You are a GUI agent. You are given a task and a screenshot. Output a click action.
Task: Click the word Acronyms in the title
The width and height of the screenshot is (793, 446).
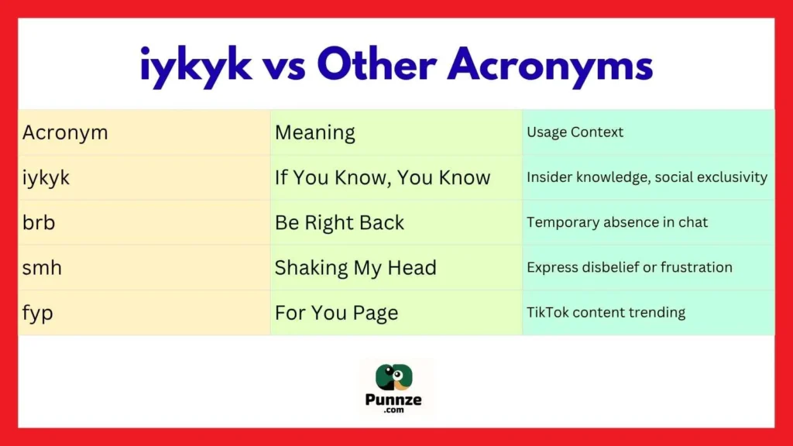[x=551, y=66]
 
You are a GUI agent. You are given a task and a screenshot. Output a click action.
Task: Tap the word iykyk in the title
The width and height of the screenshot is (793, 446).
[x=196, y=66]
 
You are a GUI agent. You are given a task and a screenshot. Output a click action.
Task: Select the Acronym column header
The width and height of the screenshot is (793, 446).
[x=65, y=132]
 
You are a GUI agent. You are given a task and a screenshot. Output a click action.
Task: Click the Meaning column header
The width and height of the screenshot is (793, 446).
[x=315, y=132]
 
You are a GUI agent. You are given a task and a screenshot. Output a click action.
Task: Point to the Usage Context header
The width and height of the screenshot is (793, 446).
[x=575, y=132]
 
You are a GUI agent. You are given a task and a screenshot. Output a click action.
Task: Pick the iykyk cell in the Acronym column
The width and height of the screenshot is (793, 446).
[x=46, y=177]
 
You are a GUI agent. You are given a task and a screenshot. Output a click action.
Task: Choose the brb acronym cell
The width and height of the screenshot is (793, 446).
[x=39, y=222]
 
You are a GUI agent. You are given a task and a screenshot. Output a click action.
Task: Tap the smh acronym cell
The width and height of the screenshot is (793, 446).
[x=43, y=267]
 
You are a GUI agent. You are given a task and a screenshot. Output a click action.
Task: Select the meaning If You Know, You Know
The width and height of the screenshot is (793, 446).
[x=383, y=177]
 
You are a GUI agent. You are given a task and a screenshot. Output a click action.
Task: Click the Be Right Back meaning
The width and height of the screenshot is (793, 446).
[x=339, y=222]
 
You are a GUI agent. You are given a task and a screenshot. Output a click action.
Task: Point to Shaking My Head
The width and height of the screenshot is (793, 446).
[x=355, y=267]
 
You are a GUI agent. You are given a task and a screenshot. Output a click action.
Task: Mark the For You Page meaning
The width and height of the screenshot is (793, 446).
[x=336, y=313]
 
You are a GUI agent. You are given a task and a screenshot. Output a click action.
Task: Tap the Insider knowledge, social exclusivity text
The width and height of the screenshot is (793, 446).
[x=647, y=177]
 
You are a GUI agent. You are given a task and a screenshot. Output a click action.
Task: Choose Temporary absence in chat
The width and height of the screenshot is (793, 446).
[x=617, y=222]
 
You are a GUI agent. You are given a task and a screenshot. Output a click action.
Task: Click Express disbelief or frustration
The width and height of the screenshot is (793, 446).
[x=629, y=267]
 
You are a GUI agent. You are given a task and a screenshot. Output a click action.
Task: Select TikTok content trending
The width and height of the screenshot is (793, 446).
[x=606, y=313]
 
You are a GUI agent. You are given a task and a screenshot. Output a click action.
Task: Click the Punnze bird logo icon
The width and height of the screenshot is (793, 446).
[x=395, y=377]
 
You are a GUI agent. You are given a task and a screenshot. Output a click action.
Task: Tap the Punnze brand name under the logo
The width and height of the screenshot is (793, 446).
[x=395, y=400]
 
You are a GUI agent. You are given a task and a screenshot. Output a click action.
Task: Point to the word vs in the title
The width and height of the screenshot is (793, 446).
[x=284, y=66]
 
